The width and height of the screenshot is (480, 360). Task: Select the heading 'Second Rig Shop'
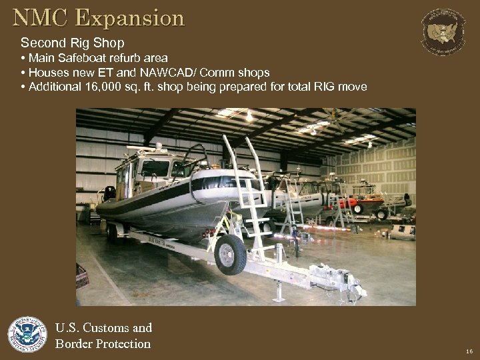tap(73, 43)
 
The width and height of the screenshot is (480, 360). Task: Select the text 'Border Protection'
tap(103, 344)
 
